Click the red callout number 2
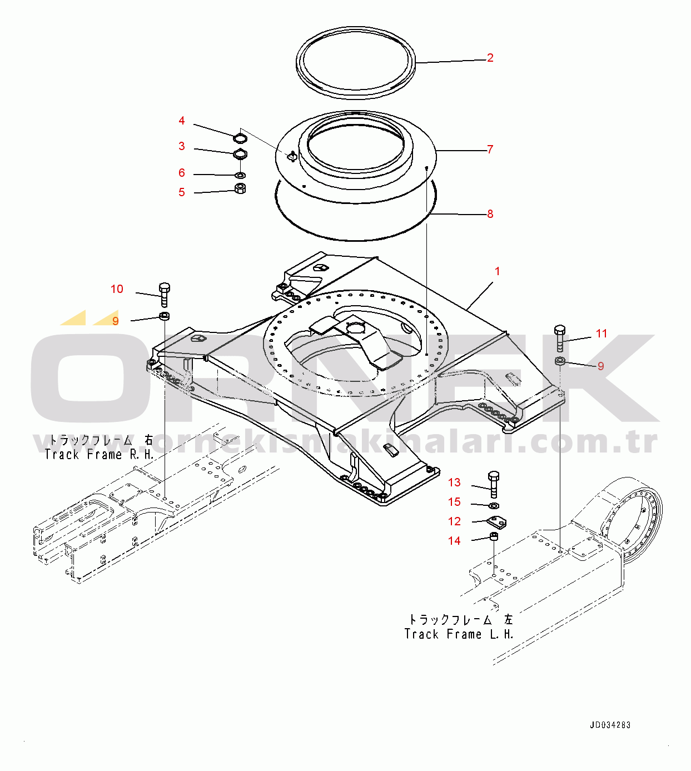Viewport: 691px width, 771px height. [490, 58]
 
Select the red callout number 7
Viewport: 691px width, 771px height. [490, 150]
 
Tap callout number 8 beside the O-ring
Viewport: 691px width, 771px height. [490, 214]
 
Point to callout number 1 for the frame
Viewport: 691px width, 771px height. [497, 271]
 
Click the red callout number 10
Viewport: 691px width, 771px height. [117, 289]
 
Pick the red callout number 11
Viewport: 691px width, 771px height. [601, 334]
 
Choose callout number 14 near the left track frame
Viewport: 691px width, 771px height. [454, 541]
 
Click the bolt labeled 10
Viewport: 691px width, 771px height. [164, 295]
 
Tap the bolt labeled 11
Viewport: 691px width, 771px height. [560, 339]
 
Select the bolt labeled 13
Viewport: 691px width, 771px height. [494, 484]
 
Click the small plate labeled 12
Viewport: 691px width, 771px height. [496, 523]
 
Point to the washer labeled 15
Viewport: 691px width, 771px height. [494, 505]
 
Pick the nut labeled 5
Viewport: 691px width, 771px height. [240, 188]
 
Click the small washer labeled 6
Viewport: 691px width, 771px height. [240, 175]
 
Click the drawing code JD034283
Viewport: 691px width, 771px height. [610, 725]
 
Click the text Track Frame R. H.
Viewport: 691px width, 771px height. [99, 454]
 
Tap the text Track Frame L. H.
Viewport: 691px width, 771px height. [459, 634]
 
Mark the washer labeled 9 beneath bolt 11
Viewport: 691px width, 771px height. [560, 360]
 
